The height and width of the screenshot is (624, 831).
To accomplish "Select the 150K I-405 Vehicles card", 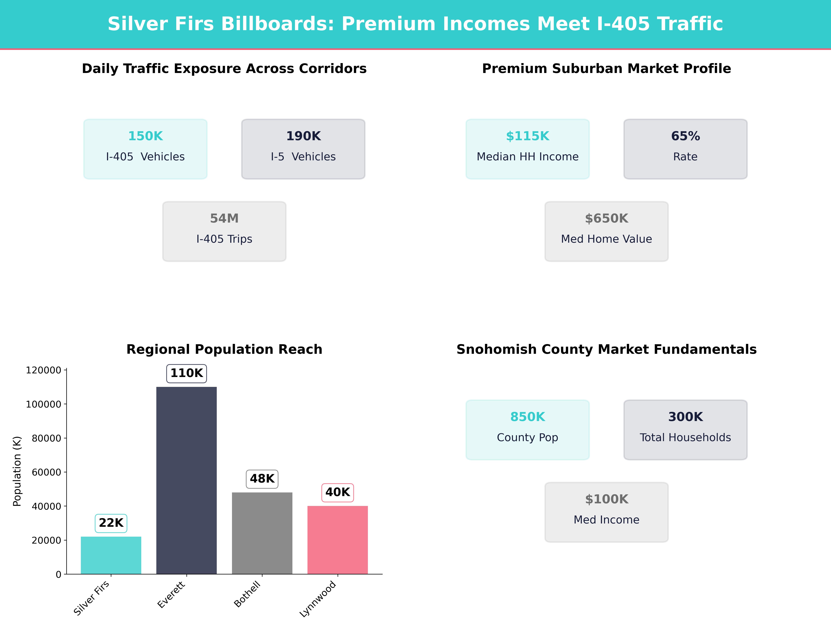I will tap(145, 149).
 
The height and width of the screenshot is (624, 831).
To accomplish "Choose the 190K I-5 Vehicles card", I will tap(303, 149).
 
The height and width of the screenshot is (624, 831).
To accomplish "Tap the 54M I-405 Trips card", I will tap(224, 231).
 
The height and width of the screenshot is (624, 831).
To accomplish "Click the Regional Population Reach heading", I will tap(224, 349).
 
